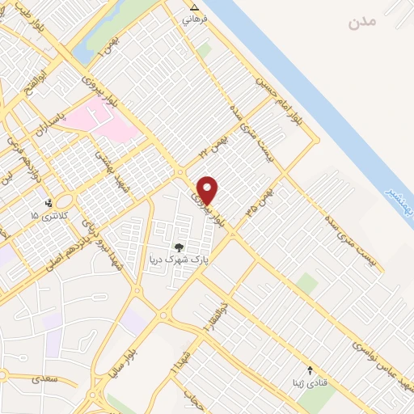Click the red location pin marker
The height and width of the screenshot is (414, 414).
click(208, 190)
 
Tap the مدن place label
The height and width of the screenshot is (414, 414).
click(363, 22)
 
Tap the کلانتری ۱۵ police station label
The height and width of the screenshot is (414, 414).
click(46, 216)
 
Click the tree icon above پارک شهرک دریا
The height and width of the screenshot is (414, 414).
click(178, 247)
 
